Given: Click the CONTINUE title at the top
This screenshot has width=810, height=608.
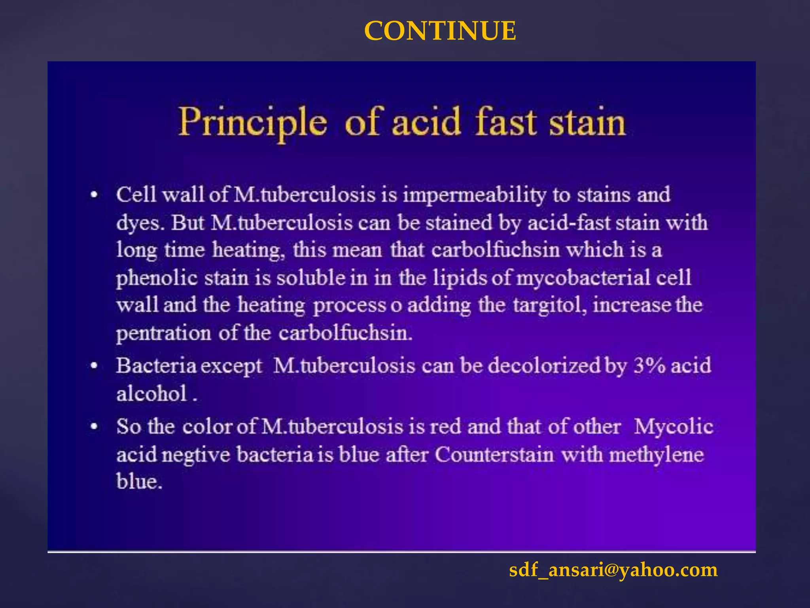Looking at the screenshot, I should pyautogui.click(x=440, y=31).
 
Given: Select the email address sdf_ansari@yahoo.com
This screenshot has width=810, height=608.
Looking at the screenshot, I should pyautogui.click(x=613, y=570).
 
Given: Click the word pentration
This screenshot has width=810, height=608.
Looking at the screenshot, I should pyautogui.click(x=163, y=333).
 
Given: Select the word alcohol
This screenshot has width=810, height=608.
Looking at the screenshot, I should pyautogui.click(x=151, y=394).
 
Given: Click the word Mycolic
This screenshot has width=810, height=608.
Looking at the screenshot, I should pyautogui.click(x=674, y=427).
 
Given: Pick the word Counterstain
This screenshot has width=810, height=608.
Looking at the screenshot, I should pyautogui.click(x=494, y=454).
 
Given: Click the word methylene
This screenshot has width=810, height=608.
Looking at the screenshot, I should pyautogui.click(x=656, y=454).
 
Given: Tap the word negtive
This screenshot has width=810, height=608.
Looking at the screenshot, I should pyautogui.click(x=196, y=454).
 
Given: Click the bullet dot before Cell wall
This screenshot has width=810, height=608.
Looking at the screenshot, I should pyautogui.click(x=94, y=195).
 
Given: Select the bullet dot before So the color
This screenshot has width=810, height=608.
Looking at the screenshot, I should pyautogui.click(x=94, y=427).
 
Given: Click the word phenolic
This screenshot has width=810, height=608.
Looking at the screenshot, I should pyautogui.click(x=157, y=278).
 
